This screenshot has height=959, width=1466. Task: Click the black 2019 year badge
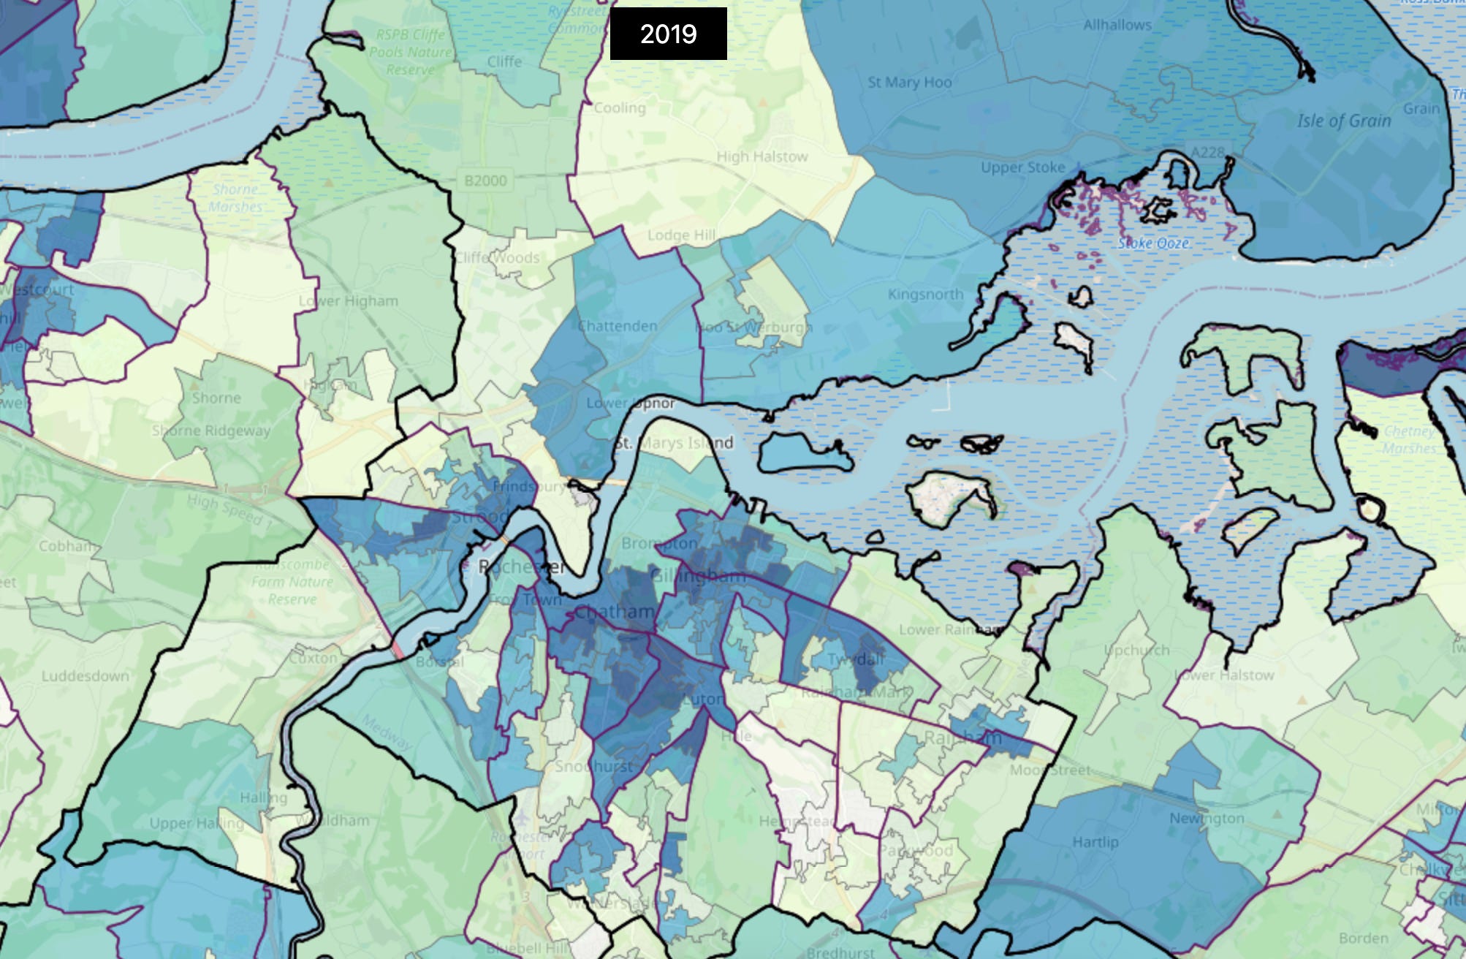(x=668, y=34)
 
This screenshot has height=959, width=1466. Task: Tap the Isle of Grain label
(x=1344, y=121)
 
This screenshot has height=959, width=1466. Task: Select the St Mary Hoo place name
(x=909, y=82)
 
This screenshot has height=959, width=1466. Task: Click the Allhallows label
(x=1117, y=25)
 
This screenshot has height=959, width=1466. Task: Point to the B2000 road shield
(x=485, y=180)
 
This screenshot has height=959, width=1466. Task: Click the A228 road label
(x=1207, y=152)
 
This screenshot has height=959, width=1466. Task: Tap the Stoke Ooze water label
(x=1153, y=243)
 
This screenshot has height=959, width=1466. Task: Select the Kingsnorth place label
(x=925, y=294)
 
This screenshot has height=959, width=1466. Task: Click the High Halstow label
(x=762, y=156)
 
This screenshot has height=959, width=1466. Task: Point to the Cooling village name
(x=619, y=108)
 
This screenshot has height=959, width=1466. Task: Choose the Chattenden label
(x=618, y=326)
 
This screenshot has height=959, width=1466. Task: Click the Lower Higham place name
(x=348, y=301)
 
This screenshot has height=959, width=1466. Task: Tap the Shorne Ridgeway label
(x=210, y=431)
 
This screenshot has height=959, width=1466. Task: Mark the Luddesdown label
(x=85, y=675)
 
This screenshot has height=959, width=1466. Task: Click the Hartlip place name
(x=1095, y=842)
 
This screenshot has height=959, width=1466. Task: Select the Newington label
(x=1206, y=818)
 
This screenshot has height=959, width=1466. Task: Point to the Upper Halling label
(x=196, y=823)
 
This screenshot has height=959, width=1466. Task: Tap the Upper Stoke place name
(x=1022, y=167)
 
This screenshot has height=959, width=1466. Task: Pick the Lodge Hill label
(x=681, y=235)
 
